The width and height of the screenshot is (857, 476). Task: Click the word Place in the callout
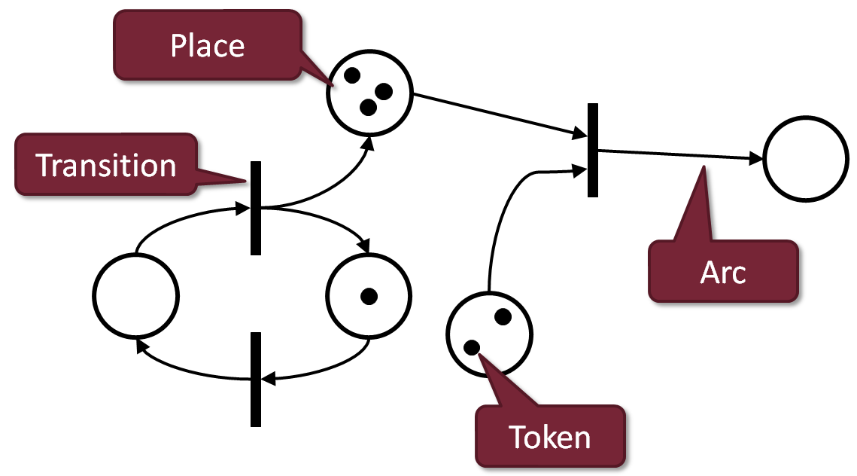208,46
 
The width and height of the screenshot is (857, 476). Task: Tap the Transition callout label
106,165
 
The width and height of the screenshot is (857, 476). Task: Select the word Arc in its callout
722,273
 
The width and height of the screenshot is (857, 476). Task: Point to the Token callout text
550,436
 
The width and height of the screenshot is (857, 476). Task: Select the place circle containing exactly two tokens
489,333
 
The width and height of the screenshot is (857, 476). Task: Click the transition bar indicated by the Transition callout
256,207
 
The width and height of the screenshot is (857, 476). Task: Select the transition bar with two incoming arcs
593,150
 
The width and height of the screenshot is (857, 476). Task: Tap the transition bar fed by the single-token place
256,380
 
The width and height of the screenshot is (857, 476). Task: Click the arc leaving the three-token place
497,115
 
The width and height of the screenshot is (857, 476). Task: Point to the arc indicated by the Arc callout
677,154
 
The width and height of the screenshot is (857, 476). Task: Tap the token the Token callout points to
472,347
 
